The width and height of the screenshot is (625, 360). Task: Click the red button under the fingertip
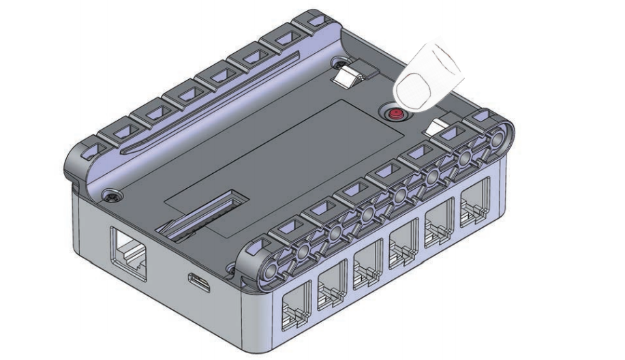coord(393,113)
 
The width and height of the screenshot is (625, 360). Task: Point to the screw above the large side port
coord(110,197)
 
